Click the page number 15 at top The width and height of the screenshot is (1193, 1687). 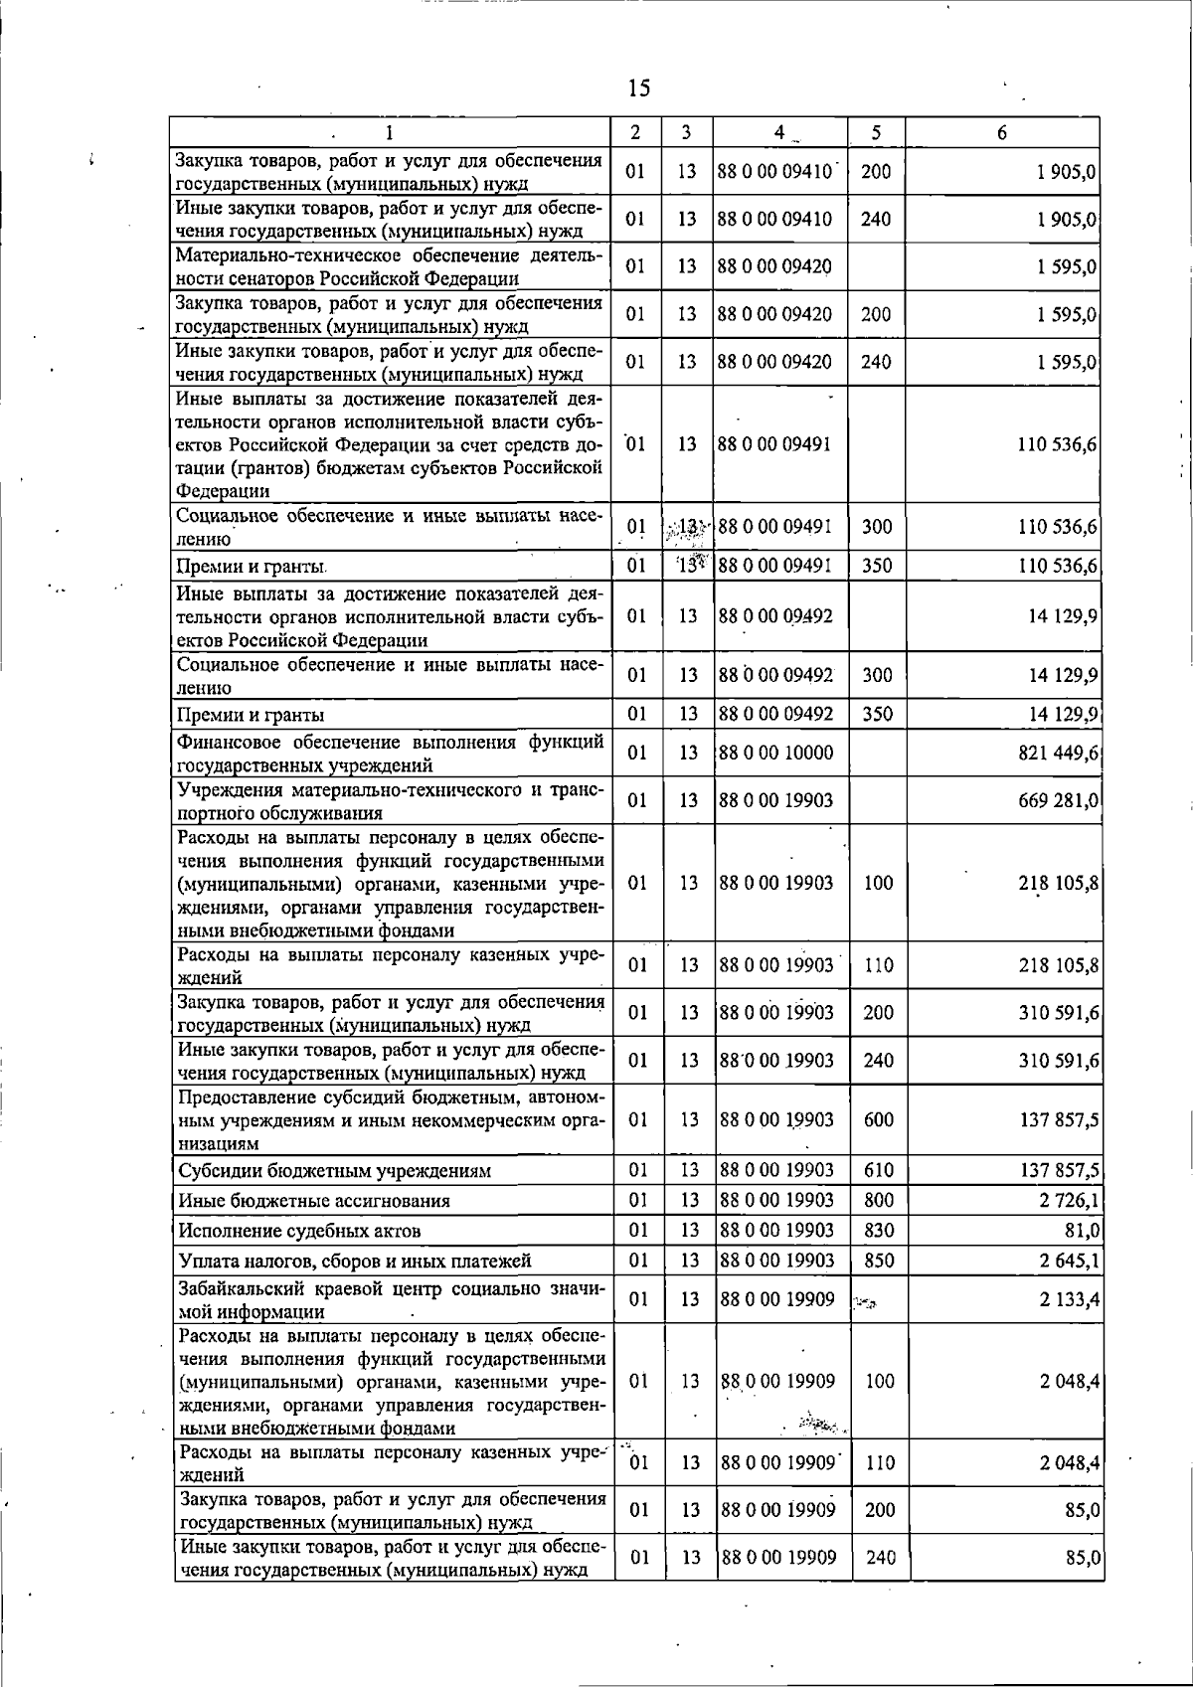(x=639, y=88)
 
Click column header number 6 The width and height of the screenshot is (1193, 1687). (x=1002, y=132)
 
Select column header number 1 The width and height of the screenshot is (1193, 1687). (x=389, y=132)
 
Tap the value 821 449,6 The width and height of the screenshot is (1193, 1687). (x=1058, y=754)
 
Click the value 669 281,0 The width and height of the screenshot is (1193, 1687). (x=1058, y=801)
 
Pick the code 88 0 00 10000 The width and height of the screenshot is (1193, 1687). (x=776, y=754)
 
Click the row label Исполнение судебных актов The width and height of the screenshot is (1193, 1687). (x=299, y=1231)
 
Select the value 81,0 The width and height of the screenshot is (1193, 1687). (x=1081, y=1231)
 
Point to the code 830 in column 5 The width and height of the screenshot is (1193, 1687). (x=879, y=1231)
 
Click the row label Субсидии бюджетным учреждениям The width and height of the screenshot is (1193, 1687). (x=334, y=1171)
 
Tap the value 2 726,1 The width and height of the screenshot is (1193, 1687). (x=1069, y=1201)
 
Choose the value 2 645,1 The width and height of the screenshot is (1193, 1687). (x=1069, y=1261)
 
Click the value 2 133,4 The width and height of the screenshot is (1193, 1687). (x=1069, y=1299)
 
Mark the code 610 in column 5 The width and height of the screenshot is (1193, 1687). (x=879, y=1171)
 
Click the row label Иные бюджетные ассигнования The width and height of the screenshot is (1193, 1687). (x=314, y=1201)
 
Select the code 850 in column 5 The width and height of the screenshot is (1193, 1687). (x=879, y=1261)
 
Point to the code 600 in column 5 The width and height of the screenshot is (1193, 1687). (x=879, y=1120)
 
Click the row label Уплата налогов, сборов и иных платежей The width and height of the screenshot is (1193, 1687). (x=355, y=1261)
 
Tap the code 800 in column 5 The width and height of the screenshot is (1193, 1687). (x=879, y=1201)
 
